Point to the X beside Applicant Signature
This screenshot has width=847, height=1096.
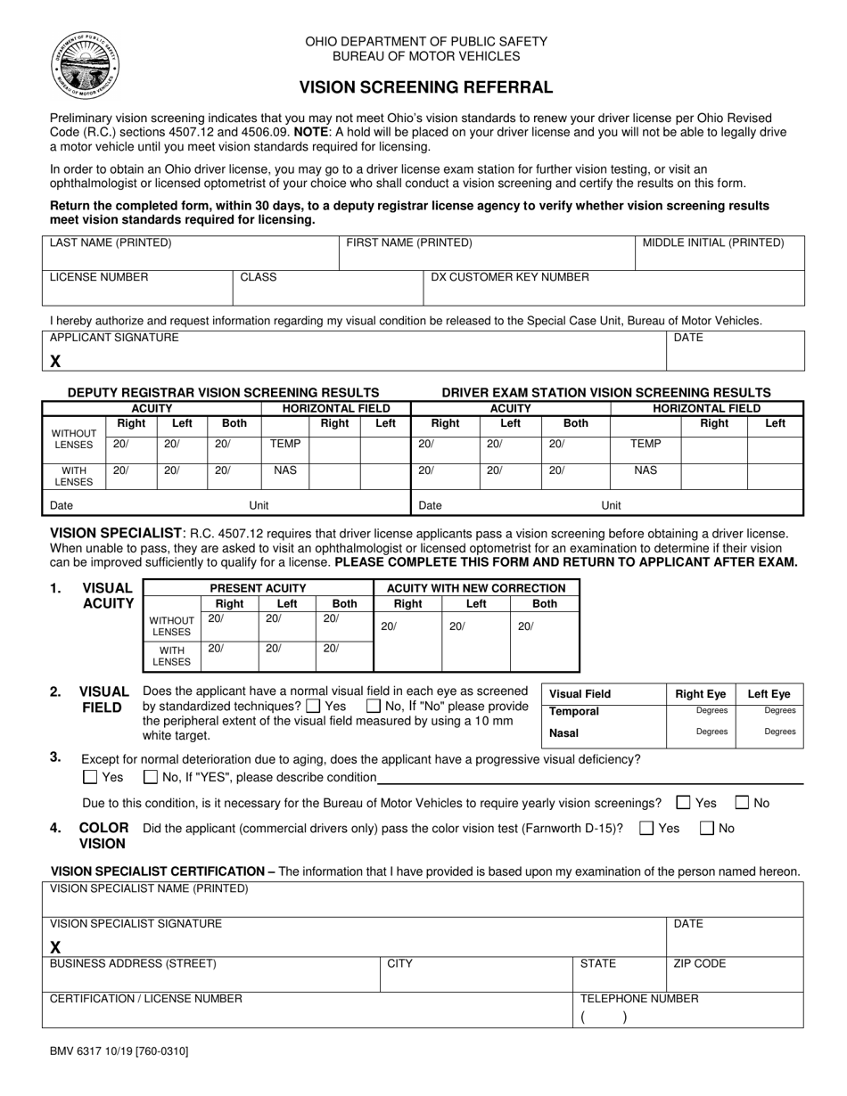pos(55,361)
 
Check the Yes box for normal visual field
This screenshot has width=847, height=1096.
pos(313,707)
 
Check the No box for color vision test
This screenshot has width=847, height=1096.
pos(707,829)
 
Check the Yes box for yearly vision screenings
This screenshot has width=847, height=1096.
pos(684,803)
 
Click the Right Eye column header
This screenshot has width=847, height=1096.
pos(701,694)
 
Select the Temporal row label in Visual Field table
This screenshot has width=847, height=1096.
pos(574,711)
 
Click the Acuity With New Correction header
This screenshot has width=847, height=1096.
pos(476,588)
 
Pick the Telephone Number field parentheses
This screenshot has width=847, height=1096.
pos(604,1017)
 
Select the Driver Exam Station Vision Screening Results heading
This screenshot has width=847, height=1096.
pos(606,392)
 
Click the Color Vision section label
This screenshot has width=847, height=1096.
pos(103,835)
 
